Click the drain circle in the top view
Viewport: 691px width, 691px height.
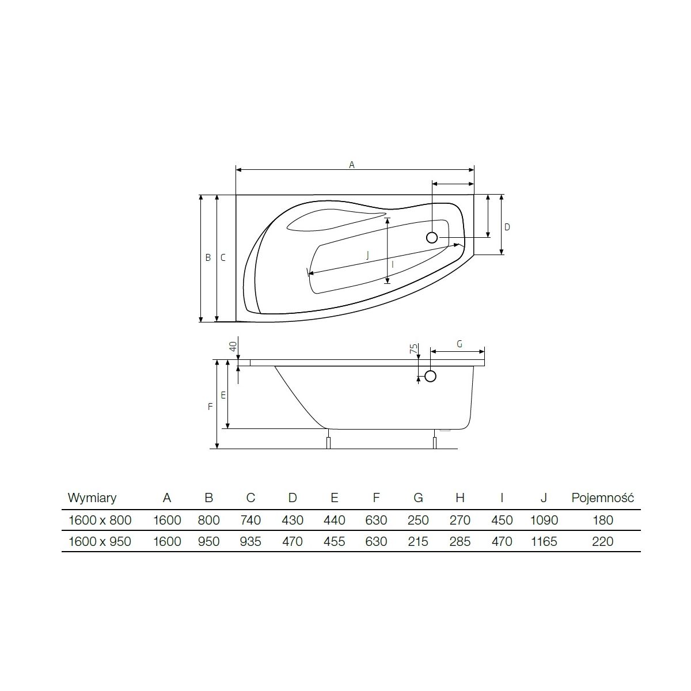click(x=432, y=237)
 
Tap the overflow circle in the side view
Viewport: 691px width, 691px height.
click(x=430, y=376)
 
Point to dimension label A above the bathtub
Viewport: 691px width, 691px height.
click(x=352, y=165)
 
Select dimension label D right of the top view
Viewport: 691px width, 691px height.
click(x=507, y=227)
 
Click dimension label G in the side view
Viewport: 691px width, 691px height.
click(x=460, y=344)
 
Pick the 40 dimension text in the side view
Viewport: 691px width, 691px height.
click(x=233, y=347)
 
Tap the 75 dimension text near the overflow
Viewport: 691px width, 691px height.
click(x=413, y=348)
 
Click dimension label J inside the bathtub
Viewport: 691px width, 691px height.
click(x=367, y=255)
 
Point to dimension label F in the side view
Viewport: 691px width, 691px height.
click(x=210, y=407)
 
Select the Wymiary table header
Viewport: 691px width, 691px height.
click(x=92, y=498)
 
